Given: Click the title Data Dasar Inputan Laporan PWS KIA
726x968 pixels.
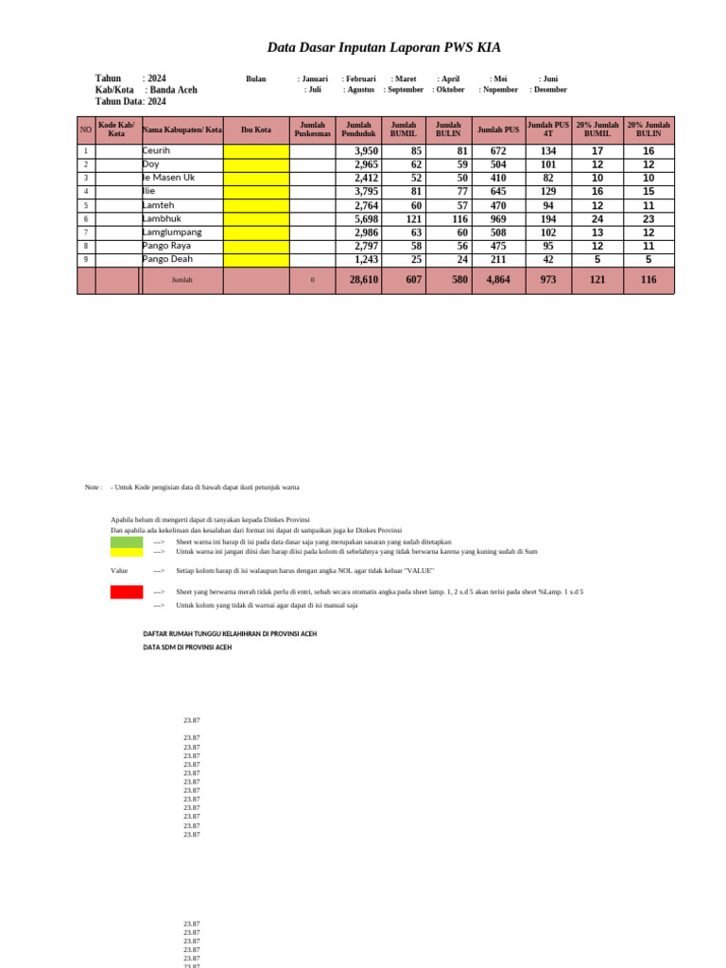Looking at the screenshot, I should (384, 47).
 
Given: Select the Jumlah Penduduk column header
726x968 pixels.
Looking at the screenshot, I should (358, 130).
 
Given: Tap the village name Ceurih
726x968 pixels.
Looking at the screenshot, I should (157, 151).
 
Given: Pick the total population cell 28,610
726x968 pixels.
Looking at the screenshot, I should (363, 280).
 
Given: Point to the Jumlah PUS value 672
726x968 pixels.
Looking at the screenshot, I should (498, 151).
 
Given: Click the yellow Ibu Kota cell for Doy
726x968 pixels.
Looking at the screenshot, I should (256, 164).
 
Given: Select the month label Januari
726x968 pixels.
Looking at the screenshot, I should (315, 79).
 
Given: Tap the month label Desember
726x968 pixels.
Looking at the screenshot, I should (550, 90).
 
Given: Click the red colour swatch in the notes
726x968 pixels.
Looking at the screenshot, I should (127, 592).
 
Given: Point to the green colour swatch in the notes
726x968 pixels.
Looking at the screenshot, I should (127, 542).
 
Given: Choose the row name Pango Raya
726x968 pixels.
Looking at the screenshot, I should (166, 246).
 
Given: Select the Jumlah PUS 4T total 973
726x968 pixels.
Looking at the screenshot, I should (548, 280).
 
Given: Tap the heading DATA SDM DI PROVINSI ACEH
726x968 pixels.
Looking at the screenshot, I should (187, 648).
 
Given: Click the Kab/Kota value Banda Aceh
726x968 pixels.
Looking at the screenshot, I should (173, 90).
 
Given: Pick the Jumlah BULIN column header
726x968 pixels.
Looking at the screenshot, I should (448, 130).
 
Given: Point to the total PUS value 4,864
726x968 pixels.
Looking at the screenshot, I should (498, 280).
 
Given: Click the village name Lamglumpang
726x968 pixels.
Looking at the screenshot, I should (172, 233).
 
